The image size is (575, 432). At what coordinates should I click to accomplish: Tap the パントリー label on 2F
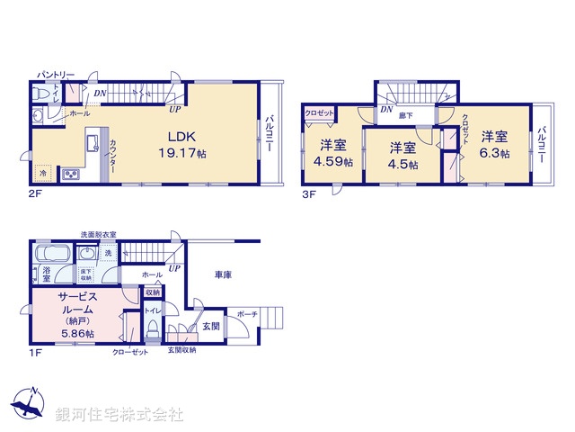(x=56, y=74)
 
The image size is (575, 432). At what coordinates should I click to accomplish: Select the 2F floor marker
(x=34, y=191)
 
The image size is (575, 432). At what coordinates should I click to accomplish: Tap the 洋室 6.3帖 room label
(x=493, y=145)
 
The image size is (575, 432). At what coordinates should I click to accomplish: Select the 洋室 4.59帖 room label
(x=332, y=153)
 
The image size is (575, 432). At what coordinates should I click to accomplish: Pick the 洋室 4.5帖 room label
(x=402, y=155)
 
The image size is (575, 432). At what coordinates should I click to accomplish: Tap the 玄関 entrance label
(x=210, y=325)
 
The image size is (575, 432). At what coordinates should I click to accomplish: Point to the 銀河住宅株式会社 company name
(x=119, y=415)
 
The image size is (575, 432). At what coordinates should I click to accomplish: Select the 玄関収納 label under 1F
(x=181, y=350)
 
